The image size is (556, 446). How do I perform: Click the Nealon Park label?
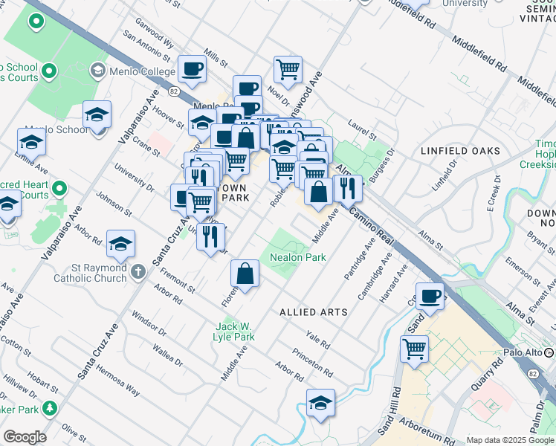[x=298, y=257]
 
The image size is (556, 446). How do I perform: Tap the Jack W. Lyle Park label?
[x=236, y=332]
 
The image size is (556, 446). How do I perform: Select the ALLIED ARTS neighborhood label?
[x=313, y=312]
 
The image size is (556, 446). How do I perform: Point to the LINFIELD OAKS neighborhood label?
[x=460, y=151]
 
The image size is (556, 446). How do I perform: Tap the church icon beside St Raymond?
[x=138, y=271]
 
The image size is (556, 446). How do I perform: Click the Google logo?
[x=24, y=437]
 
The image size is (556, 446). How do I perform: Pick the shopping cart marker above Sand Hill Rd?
[x=414, y=347]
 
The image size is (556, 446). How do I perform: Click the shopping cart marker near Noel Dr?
[x=288, y=70]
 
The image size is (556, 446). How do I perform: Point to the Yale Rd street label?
[x=318, y=341]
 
